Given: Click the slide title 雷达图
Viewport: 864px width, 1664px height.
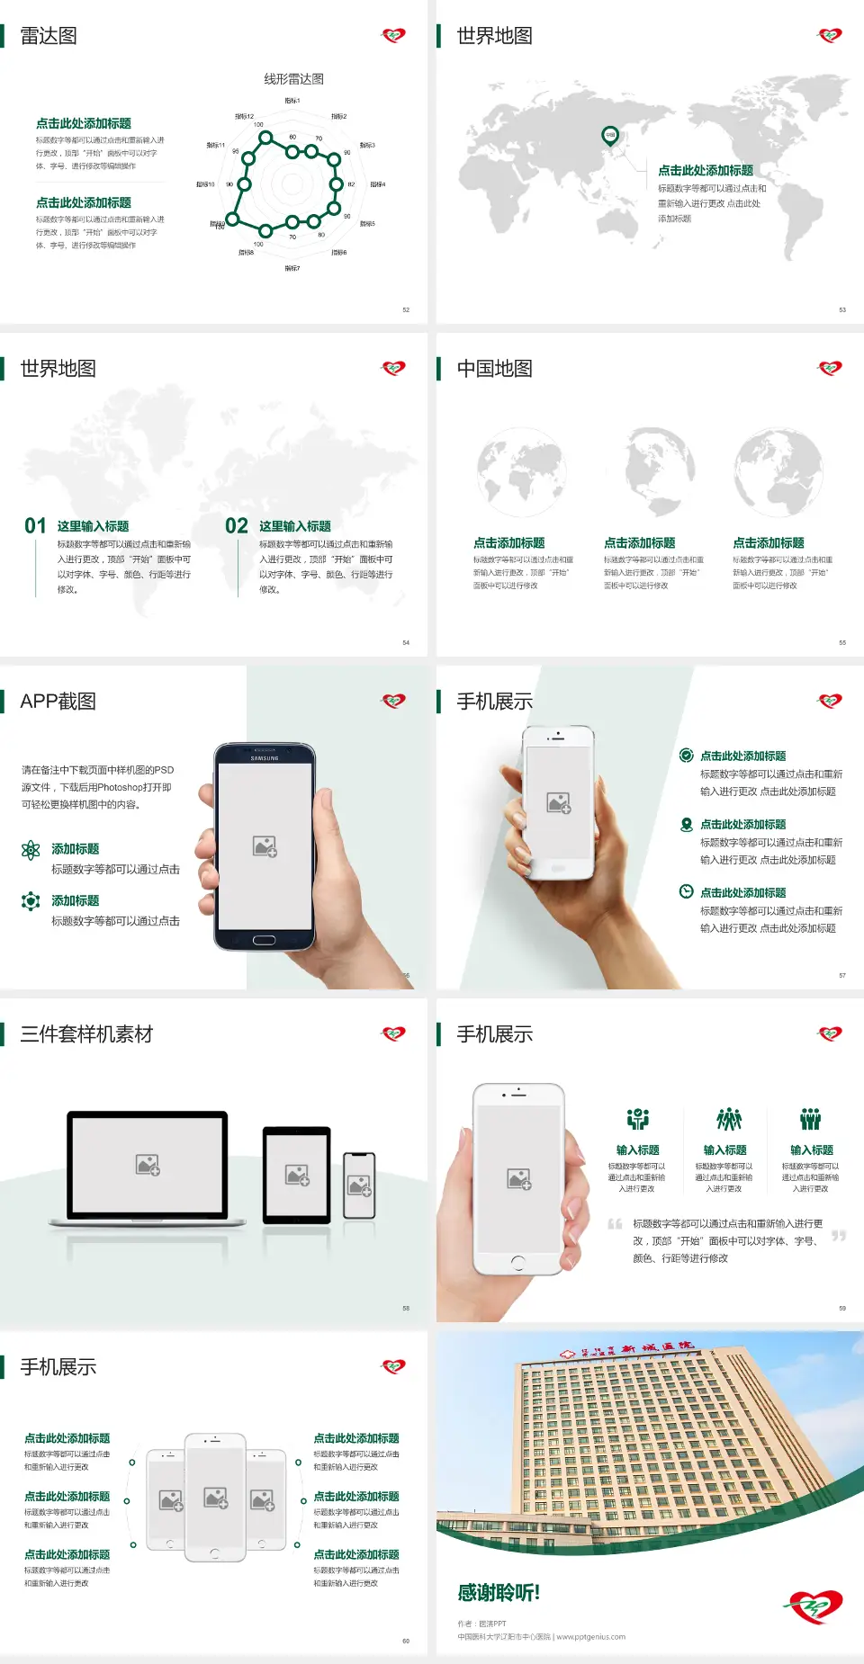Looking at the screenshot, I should [49, 36].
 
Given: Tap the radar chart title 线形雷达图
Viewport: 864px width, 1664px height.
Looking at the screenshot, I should [293, 79].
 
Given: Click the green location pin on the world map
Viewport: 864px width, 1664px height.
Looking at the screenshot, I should [609, 136].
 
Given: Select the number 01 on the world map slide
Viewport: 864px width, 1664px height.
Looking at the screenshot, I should [35, 526].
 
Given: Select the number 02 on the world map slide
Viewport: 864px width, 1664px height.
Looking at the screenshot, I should [237, 526].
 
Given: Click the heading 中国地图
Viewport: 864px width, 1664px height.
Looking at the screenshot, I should [494, 369].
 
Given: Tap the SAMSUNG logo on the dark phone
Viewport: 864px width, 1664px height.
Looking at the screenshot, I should [265, 758].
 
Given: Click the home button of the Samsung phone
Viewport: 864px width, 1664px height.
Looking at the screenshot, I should [264, 940].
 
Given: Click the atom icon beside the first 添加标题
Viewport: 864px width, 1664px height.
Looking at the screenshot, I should [31, 850].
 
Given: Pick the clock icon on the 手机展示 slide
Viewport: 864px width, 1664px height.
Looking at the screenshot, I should [686, 891].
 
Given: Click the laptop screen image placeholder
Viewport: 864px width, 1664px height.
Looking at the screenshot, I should [148, 1165].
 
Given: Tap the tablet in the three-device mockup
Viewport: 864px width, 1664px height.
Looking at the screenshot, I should [297, 1175].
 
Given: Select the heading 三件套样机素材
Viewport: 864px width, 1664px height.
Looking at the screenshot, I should [86, 1034].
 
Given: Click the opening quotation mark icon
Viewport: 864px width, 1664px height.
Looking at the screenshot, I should [615, 1224].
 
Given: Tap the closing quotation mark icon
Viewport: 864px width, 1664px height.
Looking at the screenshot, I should [839, 1236].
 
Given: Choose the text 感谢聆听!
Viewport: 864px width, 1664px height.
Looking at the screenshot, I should [499, 1593].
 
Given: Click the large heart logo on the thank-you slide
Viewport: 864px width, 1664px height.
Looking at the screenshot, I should [814, 1606].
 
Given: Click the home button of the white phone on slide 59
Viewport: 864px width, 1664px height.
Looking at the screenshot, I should [517, 1263].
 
